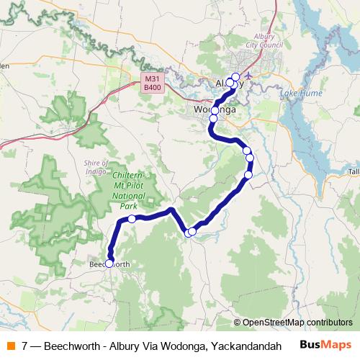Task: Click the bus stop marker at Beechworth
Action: click(x=109, y=264)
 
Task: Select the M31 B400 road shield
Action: click(x=152, y=84)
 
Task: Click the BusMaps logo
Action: click(x=325, y=345)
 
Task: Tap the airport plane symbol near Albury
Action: click(x=249, y=75)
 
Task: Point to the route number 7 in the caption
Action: click(x=26, y=346)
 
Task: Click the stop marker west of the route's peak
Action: click(x=132, y=219)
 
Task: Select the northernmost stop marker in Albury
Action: click(x=235, y=77)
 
